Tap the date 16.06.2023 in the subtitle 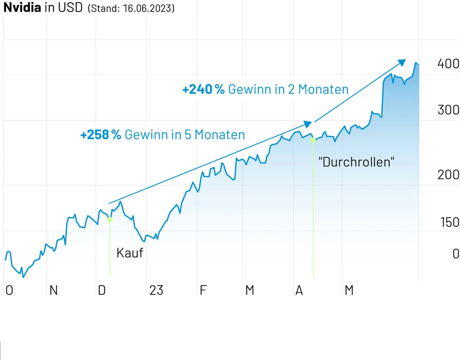pos(149,9)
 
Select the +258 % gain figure pos(100,135)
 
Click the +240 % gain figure pos(203,89)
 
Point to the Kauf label pos(130,253)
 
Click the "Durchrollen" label pos(356,162)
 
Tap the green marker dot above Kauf pos(109,220)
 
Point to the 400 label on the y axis pos(448,64)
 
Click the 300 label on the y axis pos(448,110)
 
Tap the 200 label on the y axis pos(448,175)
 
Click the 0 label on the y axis pos(455,253)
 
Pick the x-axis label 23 pos(156,290)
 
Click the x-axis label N pos(53,290)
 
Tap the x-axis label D pos(102,290)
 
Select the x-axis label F pos(203,290)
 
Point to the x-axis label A pos(299,290)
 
